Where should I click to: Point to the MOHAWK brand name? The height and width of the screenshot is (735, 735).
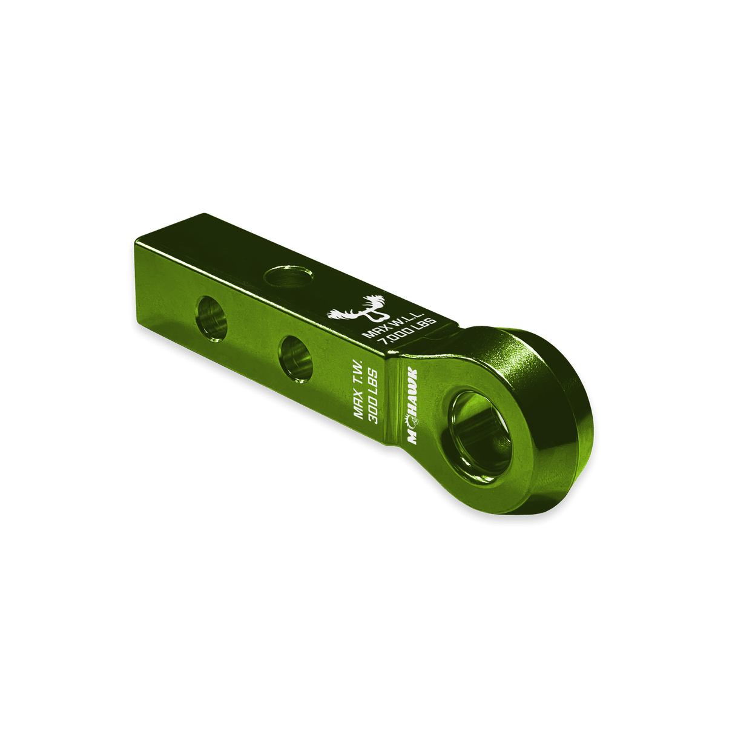click(412, 406)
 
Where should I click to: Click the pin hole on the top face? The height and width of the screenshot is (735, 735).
click(288, 276)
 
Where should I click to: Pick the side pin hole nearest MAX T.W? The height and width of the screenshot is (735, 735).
click(295, 359)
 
